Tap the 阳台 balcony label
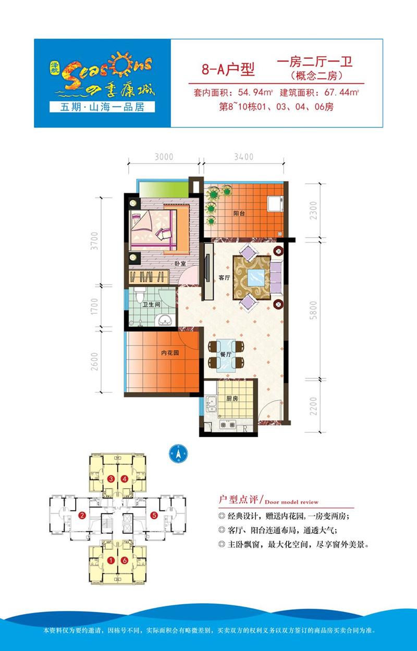coord(239,212)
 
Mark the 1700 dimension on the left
coord(94,307)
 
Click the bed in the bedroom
coord(154,227)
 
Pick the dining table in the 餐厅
coord(225,354)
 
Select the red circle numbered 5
coord(154,516)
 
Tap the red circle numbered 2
coord(82,516)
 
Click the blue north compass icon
coord(178,453)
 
